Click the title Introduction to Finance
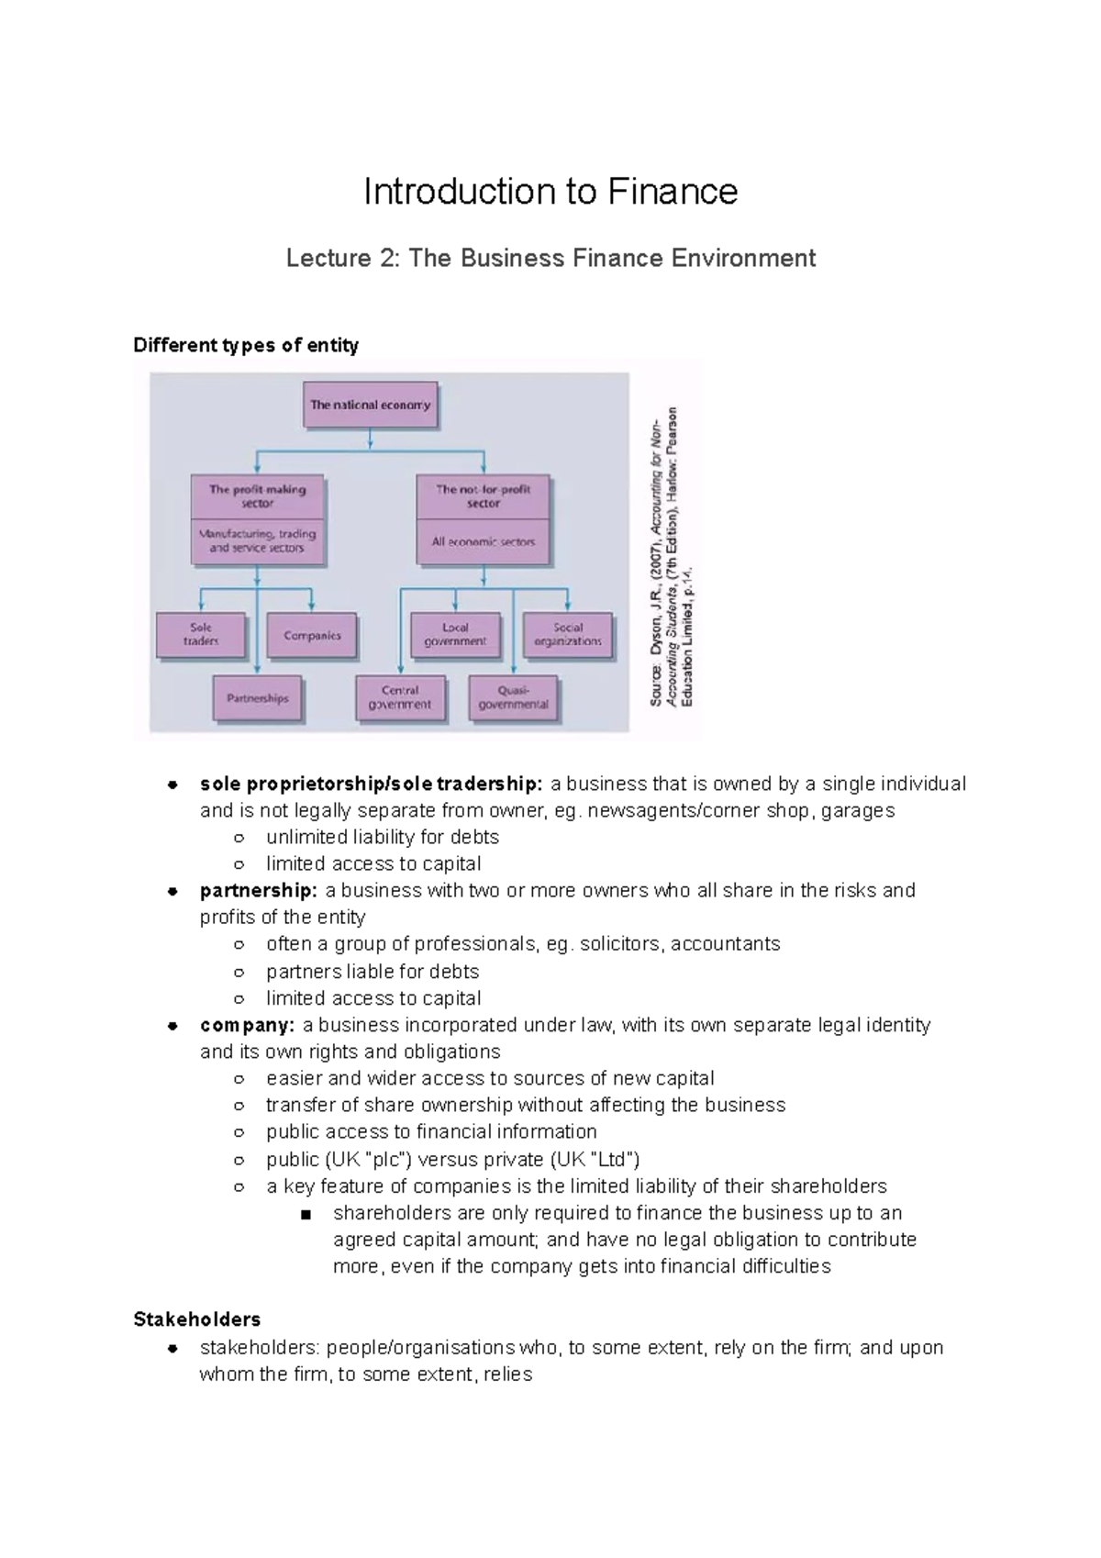550,192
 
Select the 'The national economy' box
370,405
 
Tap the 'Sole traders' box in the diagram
201,635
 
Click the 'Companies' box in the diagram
312,635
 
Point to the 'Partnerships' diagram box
258,698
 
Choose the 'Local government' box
455,635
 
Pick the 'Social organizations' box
568,635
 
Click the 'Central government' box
400,697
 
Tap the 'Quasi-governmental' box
513,697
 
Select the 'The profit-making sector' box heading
258,496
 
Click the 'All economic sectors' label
484,541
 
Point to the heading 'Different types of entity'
246,345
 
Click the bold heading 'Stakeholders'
197,1319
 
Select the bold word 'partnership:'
259,890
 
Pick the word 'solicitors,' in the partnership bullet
622,944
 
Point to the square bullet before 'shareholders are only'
306,1214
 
